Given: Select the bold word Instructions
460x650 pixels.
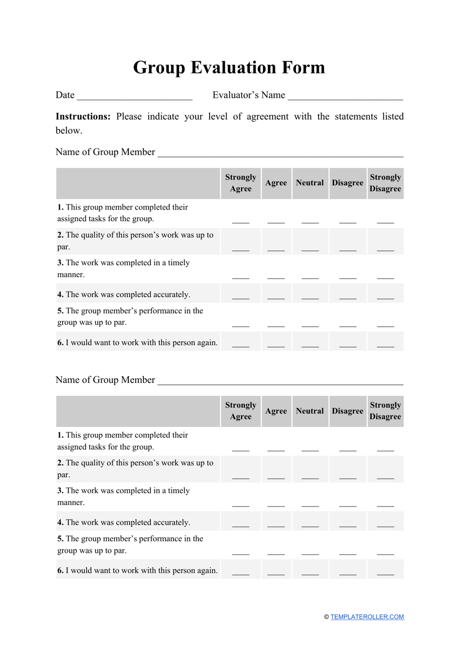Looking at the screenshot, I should pyautogui.click(x=83, y=117).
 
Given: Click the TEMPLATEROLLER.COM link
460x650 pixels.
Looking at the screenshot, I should pyautogui.click(x=367, y=617).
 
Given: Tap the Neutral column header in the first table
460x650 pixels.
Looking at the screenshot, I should pyautogui.click(x=310, y=183).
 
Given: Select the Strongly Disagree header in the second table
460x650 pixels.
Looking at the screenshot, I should pyautogui.click(x=385, y=411).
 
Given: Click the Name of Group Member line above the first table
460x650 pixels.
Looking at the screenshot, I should pyautogui.click(x=280, y=155).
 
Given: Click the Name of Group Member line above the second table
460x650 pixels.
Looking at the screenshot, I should pyautogui.click(x=280, y=383).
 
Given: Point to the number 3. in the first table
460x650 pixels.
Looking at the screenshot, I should pyautogui.click(x=61, y=263).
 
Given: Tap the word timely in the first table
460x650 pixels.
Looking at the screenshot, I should pyautogui.click(x=179, y=263).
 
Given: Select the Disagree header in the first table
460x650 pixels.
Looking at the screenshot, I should pyautogui.click(x=348, y=183).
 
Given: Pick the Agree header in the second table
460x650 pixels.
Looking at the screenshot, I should pyautogui.click(x=276, y=411).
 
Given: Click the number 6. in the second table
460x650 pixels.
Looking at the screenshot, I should pyautogui.click(x=61, y=571).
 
